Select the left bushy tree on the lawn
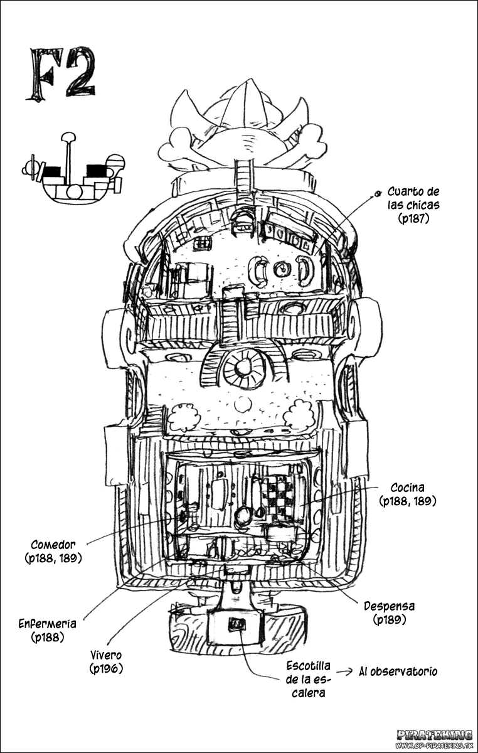[x=183, y=418]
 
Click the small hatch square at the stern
[x=236, y=624]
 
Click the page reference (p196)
[x=106, y=669]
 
